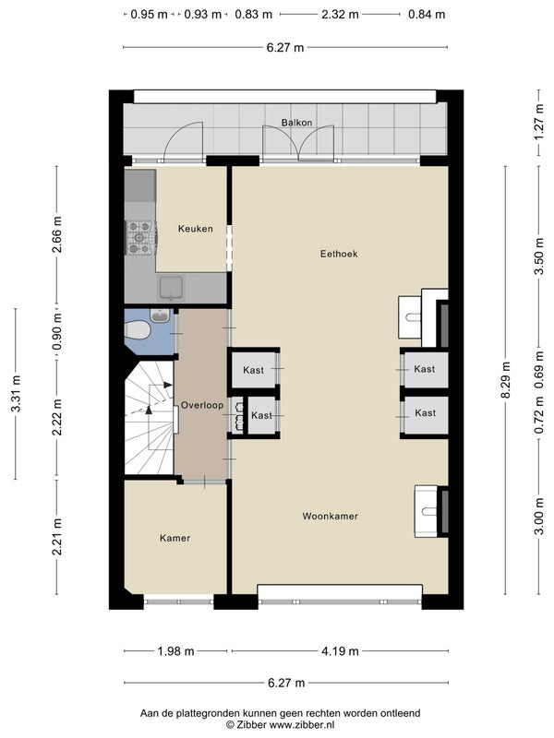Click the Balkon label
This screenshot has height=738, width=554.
[x=296, y=123]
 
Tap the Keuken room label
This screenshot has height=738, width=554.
[x=196, y=229]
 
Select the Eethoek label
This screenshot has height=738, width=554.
[x=339, y=254]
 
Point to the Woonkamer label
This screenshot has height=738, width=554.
[x=331, y=516]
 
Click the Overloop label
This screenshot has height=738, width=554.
[x=202, y=405]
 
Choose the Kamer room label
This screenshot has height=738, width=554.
[x=175, y=538]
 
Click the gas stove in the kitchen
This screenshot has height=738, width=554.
[x=140, y=238]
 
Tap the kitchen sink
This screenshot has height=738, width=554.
[x=171, y=288]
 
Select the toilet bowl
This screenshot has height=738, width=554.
[x=137, y=329]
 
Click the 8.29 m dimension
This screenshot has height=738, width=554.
[x=505, y=380]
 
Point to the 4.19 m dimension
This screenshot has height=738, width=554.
[x=340, y=651]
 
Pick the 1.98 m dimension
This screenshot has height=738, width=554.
[x=175, y=651]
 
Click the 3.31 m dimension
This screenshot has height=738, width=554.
[x=16, y=394]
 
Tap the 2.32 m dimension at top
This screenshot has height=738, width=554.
[x=340, y=14]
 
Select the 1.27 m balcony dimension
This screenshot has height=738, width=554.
[x=539, y=124]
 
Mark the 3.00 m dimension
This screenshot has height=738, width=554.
[x=539, y=517]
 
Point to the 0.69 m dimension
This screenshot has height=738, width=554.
[x=539, y=371]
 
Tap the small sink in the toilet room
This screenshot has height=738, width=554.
[x=160, y=315]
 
